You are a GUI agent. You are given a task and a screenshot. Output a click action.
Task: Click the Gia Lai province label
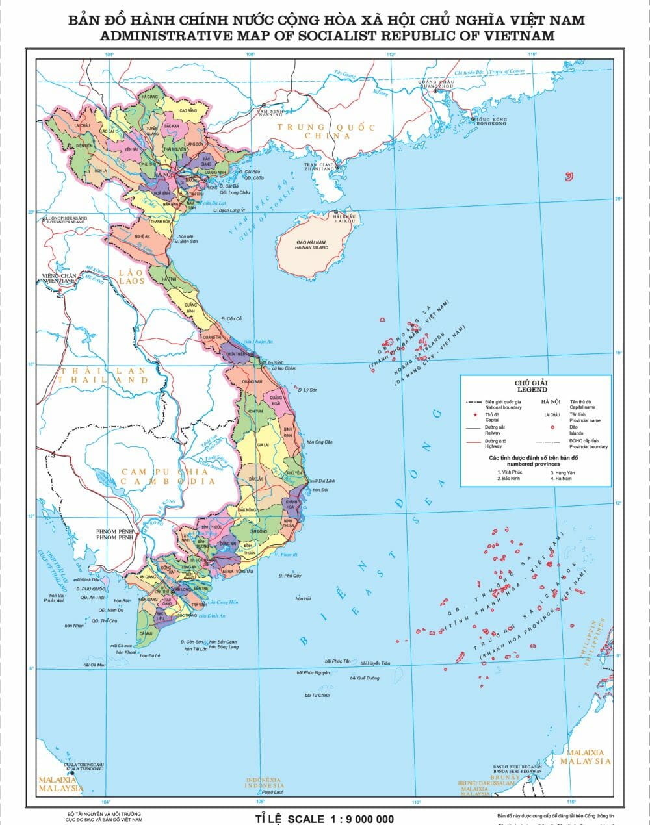coord(263,445)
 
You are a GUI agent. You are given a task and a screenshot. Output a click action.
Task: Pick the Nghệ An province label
coord(142,237)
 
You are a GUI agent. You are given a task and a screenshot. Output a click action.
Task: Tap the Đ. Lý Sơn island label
coord(307,390)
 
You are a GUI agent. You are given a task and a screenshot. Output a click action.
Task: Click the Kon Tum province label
coord(255,411)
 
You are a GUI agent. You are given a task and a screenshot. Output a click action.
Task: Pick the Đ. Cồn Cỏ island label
coord(231,319)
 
